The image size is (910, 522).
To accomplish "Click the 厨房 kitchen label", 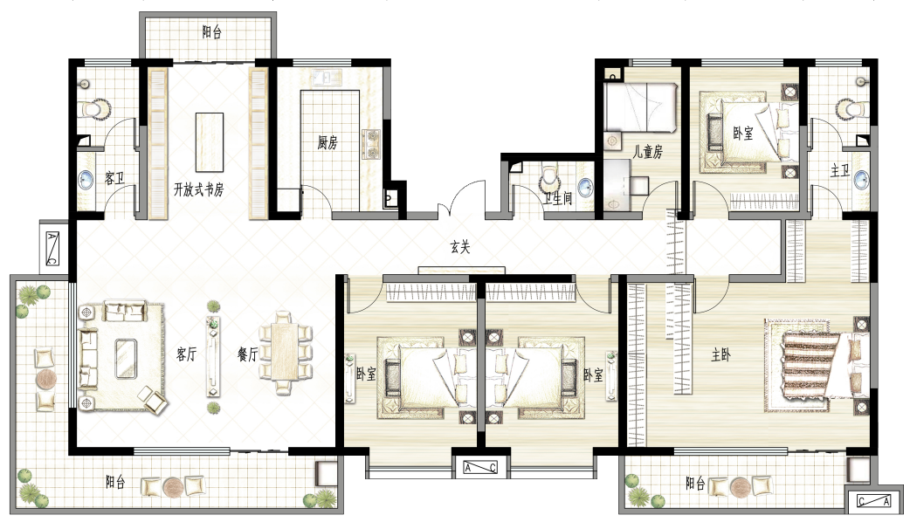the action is (327, 142).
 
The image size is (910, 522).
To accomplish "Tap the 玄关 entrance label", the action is (459, 248).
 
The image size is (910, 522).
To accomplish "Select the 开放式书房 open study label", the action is (198, 189).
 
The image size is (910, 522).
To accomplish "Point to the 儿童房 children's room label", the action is (647, 152).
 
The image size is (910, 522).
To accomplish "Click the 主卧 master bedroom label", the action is (720, 354).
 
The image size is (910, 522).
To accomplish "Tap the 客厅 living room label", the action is (187, 354).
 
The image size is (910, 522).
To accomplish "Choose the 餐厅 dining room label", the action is (248, 354).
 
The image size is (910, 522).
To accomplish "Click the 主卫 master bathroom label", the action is (840, 170).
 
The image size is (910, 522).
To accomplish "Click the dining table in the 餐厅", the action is (285, 353).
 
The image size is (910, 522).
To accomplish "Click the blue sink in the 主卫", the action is (862, 179).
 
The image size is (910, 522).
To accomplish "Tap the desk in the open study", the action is (210, 142).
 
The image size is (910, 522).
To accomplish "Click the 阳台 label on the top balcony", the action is (212, 32).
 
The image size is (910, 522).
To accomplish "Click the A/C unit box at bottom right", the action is (873, 501).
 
